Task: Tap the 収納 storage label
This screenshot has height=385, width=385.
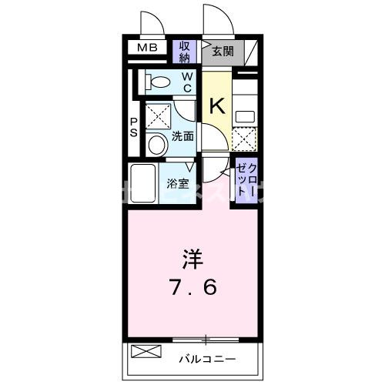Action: [x=186, y=52]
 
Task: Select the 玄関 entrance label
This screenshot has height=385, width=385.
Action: [x=223, y=52]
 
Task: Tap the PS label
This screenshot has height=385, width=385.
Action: [x=133, y=127]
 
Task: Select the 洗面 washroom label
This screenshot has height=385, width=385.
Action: [x=182, y=136]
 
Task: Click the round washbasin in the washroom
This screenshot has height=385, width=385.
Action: [x=156, y=143]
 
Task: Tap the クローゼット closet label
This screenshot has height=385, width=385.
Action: [x=246, y=179]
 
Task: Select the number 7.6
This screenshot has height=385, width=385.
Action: [x=193, y=288]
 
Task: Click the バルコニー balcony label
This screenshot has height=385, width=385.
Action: [x=208, y=359]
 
